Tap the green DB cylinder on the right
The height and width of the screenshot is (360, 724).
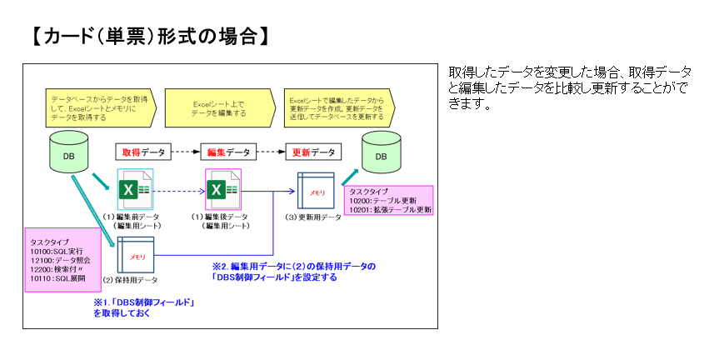(x=381, y=155)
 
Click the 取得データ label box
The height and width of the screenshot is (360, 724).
(x=144, y=152)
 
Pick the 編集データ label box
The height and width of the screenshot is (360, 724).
(x=227, y=152)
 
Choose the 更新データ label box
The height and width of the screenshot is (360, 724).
(x=312, y=152)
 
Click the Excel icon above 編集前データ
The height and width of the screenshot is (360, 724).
(x=134, y=190)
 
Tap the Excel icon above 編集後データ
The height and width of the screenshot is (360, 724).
(x=222, y=190)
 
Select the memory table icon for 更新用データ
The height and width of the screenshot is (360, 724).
(x=316, y=191)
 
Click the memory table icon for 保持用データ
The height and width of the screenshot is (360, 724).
(x=137, y=256)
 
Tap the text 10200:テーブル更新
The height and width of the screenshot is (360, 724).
(x=383, y=201)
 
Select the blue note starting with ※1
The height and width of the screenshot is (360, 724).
(x=143, y=307)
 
